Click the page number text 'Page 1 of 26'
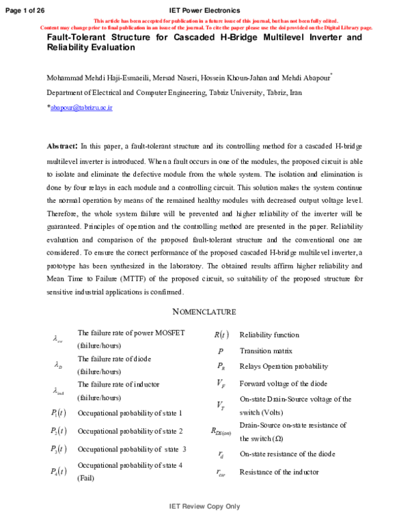pyautogui.click(x=25, y=10)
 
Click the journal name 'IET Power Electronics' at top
pyautogui.click(x=204, y=10)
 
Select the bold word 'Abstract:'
pyautogui.click(x=61, y=146)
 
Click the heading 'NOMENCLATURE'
pyautogui.click(x=204, y=311)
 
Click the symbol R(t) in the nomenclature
pyautogui.click(x=221, y=335)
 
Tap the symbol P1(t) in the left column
pyautogui.click(x=59, y=413)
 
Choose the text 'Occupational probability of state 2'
pyautogui.click(x=130, y=431)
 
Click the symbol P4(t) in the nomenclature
pyautogui.click(x=59, y=471)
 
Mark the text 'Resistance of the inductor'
pyautogui.click(x=279, y=471)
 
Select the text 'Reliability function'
pyautogui.click(x=269, y=335)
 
